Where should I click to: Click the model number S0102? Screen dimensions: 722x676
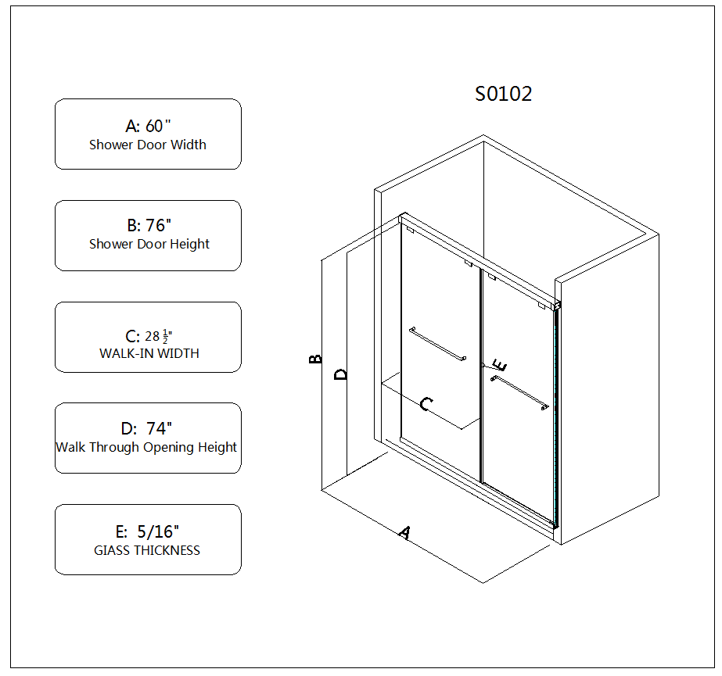503,94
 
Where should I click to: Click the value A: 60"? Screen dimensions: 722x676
148,126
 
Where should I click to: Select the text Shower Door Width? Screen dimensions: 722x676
148,145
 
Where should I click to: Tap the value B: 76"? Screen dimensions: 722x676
149,225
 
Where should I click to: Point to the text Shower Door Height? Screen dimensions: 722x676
149,244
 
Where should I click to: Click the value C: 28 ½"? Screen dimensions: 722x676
149,336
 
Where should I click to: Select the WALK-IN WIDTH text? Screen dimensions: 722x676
149,353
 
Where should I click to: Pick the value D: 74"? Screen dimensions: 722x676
146,428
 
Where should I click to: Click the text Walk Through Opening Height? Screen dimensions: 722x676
146,447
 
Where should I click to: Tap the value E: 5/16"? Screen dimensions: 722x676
147,531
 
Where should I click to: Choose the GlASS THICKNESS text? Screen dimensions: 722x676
147,550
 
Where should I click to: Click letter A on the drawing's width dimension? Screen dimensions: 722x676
404,532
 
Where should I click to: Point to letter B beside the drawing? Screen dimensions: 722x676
315,359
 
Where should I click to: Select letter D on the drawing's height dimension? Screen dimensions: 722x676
341,374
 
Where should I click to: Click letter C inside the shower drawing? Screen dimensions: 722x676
426,404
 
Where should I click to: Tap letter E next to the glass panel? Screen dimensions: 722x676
500,365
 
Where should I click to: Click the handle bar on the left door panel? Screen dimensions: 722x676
437,343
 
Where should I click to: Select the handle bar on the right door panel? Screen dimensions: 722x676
520,392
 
